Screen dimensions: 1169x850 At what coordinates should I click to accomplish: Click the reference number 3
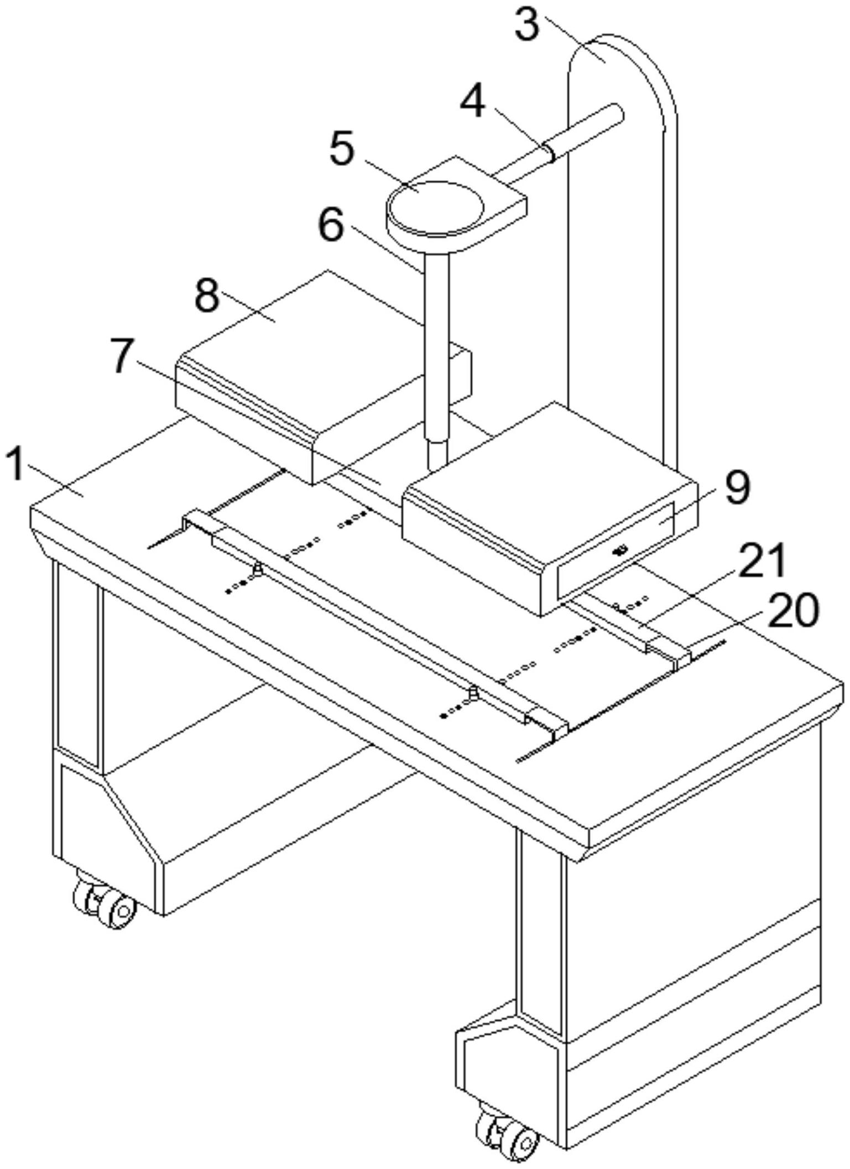click(526, 25)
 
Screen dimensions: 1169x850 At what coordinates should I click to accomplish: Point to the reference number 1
click(17, 465)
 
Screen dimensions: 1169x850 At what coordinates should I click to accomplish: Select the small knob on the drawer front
click(620, 550)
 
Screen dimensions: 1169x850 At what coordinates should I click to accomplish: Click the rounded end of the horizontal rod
click(615, 113)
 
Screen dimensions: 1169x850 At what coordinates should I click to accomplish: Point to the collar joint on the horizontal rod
click(549, 151)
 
